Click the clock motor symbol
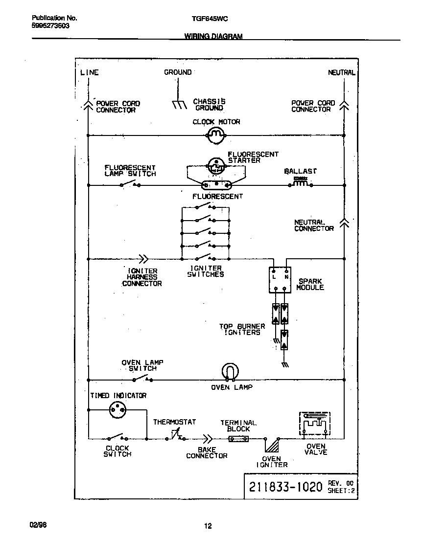coord(216,135)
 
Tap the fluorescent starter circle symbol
coord(216,166)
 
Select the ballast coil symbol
coord(301,184)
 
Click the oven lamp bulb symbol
coord(229,372)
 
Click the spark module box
coord(280,280)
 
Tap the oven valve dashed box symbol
coord(314,424)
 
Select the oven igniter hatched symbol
coord(271,445)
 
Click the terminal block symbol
coord(238,439)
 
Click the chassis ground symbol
coord(179,104)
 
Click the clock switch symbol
coord(117,437)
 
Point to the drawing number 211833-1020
coord(285,487)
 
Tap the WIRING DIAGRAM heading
coord(213,36)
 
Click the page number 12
coord(208,526)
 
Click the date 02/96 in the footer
coord(38,525)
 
